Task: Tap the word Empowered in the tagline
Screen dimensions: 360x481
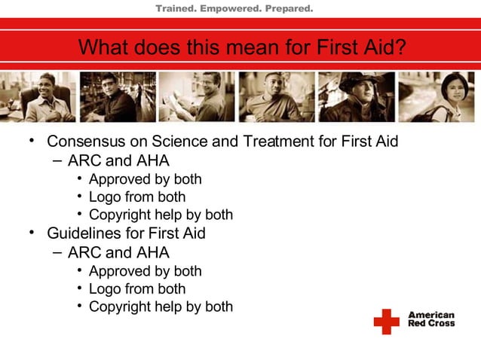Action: pos(229,9)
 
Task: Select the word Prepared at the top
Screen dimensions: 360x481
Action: pos(287,9)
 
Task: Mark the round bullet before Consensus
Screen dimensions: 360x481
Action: pos(32,142)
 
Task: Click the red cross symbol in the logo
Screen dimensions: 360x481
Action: pos(387,322)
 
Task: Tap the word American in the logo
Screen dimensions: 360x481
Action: pos(431,316)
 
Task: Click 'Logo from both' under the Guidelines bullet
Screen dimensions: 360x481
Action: pos(137,288)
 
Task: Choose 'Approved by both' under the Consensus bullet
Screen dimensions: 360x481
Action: pos(146,179)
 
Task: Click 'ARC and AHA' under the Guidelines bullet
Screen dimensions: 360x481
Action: pos(118,252)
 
